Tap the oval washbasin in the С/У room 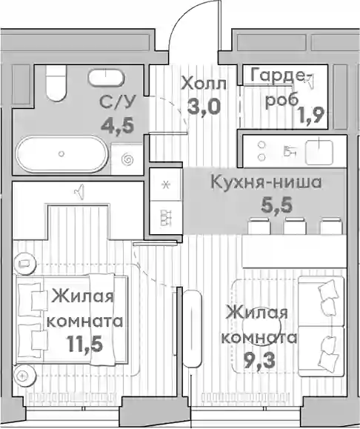[x=106, y=77]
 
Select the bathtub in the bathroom [x=61, y=154]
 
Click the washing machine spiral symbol [x=127, y=159]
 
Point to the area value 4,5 [x=118, y=126]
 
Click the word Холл [x=204, y=84]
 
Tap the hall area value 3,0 [x=204, y=107]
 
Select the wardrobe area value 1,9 [x=312, y=115]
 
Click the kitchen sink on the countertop [x=319, y=152]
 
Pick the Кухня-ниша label [x=266, y=182]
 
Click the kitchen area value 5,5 [x=277, y=205]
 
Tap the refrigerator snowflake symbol [x=165, y=185]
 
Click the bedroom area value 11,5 [x=84, y=344]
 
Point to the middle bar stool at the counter [x=294, y=226]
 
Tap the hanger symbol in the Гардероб [x=310, y=80]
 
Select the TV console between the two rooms [x=192, y=328]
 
